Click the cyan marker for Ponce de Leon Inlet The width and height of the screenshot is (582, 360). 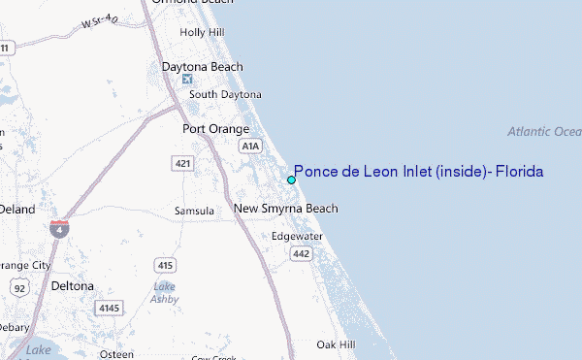291,180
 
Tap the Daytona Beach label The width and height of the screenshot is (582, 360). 202,66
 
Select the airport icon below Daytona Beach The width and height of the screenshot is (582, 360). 187,79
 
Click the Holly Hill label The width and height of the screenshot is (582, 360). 202,32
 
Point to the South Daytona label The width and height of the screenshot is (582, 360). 225,94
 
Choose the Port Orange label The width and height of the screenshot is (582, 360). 216,128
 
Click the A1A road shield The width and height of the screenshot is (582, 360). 250,145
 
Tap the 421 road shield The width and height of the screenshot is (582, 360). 183,163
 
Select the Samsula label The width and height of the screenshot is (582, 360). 194,210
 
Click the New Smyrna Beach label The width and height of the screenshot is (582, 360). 286,209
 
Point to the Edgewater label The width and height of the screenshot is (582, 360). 296,236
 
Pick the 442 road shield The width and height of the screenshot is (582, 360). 300,253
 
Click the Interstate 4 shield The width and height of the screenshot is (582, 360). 60,230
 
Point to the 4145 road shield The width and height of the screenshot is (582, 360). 107,308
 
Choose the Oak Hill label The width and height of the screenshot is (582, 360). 336,344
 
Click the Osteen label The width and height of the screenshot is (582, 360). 116,354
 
